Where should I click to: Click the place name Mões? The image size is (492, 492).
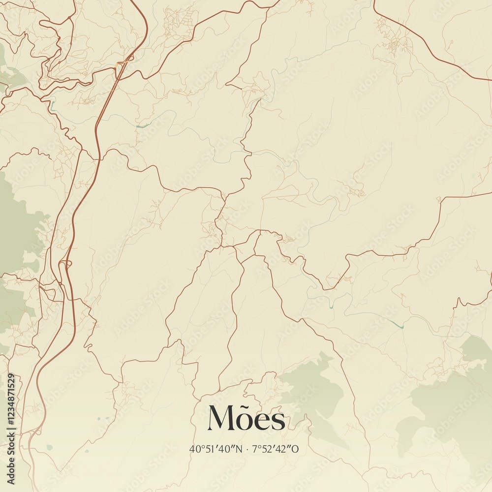[246, 419]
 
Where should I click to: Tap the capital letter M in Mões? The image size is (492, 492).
[221, 418]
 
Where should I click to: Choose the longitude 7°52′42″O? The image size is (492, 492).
[276, 449]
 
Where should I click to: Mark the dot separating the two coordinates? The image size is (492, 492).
[247, 449]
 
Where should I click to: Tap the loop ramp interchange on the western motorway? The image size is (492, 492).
[64, 266]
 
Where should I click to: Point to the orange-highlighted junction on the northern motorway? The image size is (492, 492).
[119, 64]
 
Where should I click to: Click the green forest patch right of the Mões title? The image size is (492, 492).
[312, 384]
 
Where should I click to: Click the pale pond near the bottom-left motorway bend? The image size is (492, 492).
[49, 447]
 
